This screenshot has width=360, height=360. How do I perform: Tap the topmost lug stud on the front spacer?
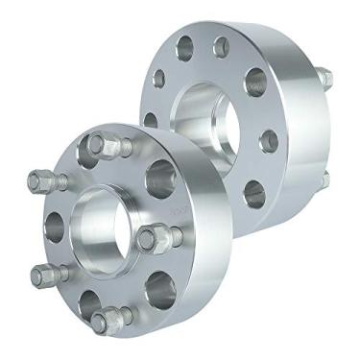108,146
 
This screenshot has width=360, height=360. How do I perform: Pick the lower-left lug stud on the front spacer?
47,275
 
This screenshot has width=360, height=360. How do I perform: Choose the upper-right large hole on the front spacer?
160,178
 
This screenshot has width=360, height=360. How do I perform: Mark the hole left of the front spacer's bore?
53,227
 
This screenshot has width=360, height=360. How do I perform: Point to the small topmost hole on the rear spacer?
221,44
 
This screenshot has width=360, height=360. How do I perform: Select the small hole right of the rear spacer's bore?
269,140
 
